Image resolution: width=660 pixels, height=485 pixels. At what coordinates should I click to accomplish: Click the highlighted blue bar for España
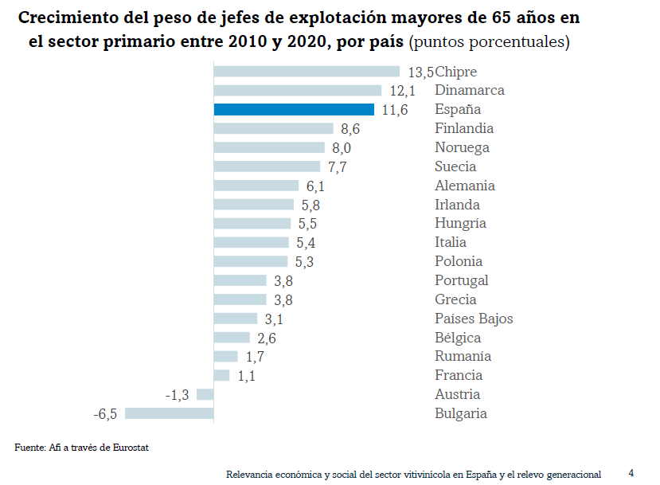(294, 110)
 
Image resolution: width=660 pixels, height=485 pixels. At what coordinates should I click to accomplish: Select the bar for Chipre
(307, 72)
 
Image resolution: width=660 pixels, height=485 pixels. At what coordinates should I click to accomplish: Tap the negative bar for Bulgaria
(169, 413)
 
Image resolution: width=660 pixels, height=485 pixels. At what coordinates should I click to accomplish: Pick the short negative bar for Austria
(205, 394)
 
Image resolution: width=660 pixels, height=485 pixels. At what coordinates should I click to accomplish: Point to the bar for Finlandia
(273, 128)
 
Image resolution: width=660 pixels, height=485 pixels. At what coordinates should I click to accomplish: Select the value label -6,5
(105, 414)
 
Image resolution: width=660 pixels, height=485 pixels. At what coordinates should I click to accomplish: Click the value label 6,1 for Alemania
(315, 186)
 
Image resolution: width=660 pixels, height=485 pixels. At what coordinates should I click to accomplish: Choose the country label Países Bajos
(474, 319)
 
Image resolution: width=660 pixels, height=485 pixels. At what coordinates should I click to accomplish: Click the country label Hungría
(460, 224)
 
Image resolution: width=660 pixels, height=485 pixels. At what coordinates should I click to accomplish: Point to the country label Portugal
(462, 280)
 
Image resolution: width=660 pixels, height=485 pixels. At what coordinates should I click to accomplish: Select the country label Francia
(459, 375)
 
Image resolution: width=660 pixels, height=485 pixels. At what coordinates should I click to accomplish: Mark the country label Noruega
(462, 147)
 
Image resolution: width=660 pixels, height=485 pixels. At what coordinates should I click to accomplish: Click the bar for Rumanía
(225, 356)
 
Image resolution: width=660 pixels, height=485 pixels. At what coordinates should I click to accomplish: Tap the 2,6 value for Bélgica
(266, 338)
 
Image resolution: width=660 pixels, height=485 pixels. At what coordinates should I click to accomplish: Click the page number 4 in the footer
(631, 473)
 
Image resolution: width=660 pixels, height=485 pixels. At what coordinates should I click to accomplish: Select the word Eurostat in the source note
(131, 448)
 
